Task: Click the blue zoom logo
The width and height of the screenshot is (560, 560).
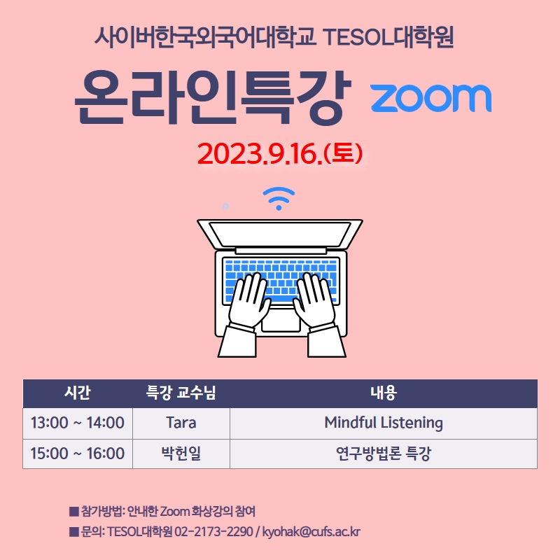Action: pos(430,98)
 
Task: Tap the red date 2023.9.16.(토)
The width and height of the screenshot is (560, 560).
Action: pos(280,153)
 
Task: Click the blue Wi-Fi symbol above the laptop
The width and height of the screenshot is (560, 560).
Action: pos(279,198)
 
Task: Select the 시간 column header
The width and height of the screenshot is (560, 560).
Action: pos(78,393)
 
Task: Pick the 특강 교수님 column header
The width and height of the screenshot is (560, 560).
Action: pos(181,393)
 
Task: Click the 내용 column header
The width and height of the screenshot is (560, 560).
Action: pos(384,393)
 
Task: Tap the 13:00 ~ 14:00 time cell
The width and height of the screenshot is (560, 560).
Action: pos(78,423)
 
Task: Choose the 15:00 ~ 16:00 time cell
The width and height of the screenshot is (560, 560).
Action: pos(78,453)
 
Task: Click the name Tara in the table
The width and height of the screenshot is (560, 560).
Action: pos(181,423)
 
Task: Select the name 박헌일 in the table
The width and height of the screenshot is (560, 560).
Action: pos(181,453)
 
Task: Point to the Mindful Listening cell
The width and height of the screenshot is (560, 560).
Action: pos(384,423)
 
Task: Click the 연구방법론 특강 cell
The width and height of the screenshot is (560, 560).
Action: pos(384,453)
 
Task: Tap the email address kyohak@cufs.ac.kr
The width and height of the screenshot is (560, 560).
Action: pos(311,531)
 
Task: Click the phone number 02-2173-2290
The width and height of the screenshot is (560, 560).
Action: pos(213,531)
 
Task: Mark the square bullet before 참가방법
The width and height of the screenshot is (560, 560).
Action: pos(74,512)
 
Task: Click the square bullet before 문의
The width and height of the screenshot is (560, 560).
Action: pos(74,532)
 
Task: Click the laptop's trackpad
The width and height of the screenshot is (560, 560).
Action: pos(281,321)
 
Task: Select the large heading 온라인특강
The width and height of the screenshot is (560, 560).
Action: pos(213,97)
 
